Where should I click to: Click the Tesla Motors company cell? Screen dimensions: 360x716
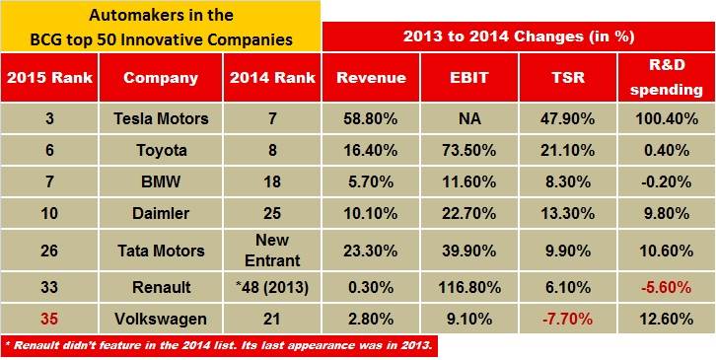pyautogui.click(x=161, y=119)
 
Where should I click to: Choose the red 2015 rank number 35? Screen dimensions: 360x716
pyautogui.click(x=47, y=319)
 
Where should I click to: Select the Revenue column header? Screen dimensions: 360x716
pyautogui.click(x=371, y=78)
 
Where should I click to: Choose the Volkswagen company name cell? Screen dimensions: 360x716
pyautogui.click(x=161, y=319)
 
